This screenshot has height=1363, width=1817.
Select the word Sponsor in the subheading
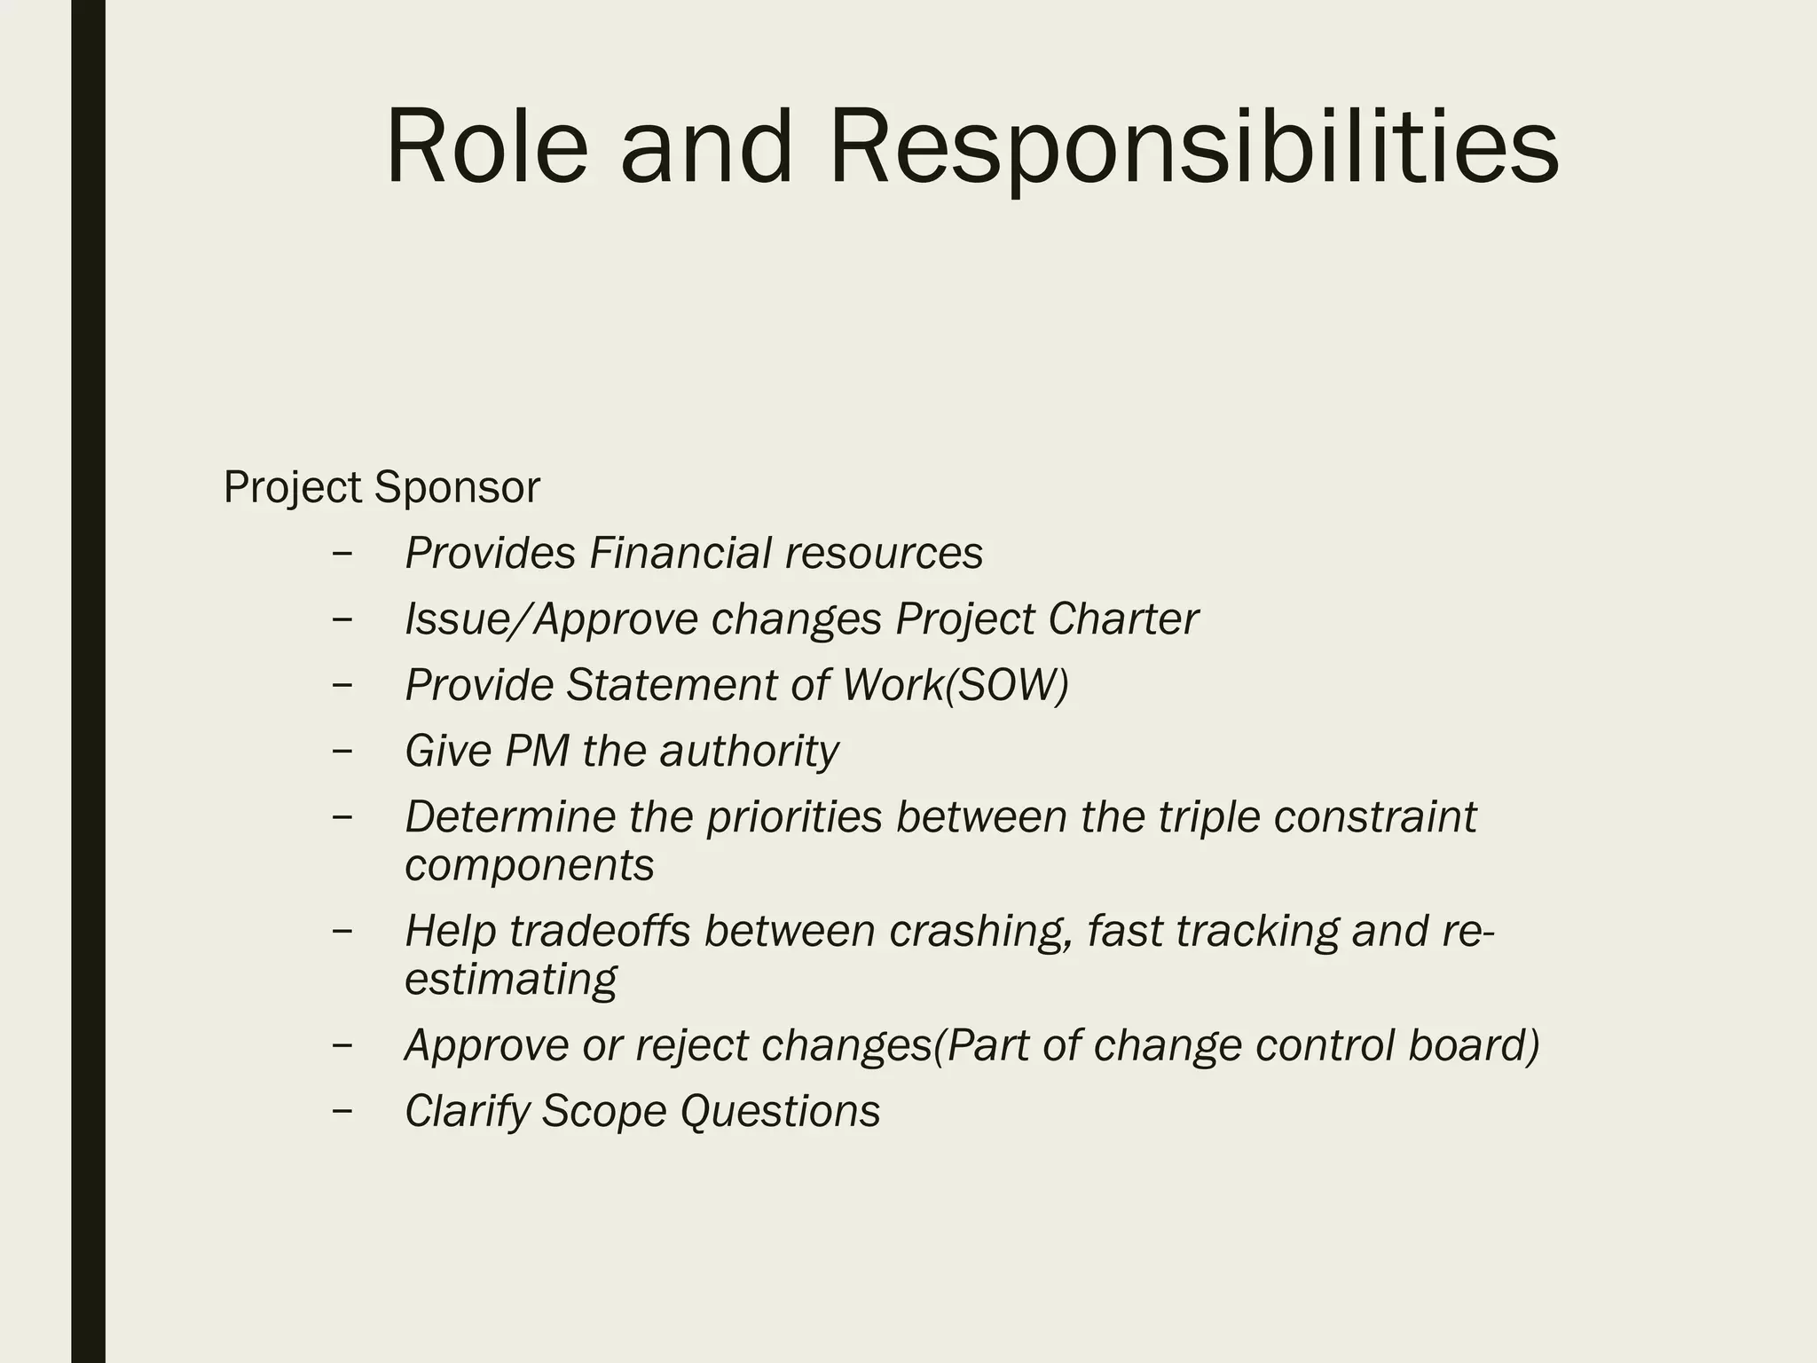tap(456, 487)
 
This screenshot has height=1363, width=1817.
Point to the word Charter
tap(1122, 618)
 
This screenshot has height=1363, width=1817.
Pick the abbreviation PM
tap(537, 751)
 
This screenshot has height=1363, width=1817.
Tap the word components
tap(530, 865)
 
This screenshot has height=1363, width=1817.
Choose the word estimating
tap(510, 980)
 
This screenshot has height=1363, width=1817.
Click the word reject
tap(692, 1045)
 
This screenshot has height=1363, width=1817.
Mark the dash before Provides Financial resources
tap(342, 552)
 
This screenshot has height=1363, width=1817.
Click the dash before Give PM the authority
tap(342, 750)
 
